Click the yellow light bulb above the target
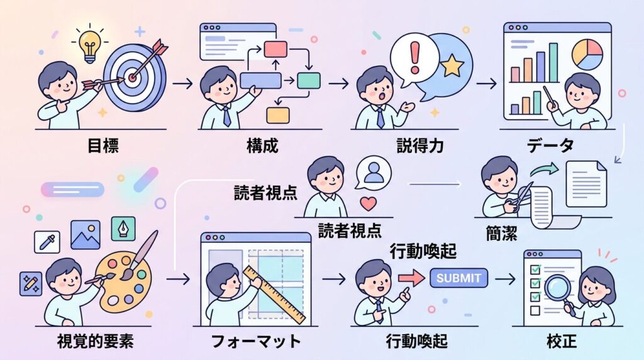tap(90, 46)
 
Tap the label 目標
tap(103, 145)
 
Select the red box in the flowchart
tap(275, 49)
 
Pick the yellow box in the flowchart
tap(278, 115)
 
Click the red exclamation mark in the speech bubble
tap(415, 57)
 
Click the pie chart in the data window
tap(587, 54)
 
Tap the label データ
tap(550, 145)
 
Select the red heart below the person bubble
tap(368, 204)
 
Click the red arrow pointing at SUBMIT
tap(411, 278)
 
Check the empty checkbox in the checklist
tap(535, 310)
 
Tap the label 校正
tap(562, 341)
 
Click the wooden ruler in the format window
tap(274, 295)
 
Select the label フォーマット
tap(256, 341)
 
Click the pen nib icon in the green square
tap(123, 228)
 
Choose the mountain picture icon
tap(86, 235)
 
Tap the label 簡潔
tap(501, 234)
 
